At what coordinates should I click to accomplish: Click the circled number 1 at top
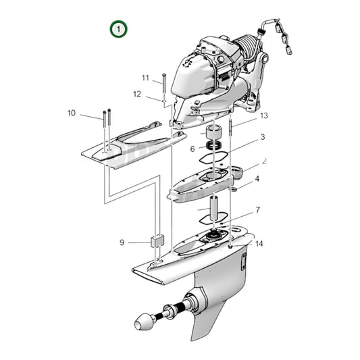119,29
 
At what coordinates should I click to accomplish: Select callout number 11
145,78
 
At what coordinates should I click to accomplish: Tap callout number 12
136,94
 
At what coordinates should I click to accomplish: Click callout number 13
264,115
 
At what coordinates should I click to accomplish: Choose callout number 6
192,149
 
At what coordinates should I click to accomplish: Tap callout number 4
257,180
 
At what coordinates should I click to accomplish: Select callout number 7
257,211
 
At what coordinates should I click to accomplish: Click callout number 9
122,242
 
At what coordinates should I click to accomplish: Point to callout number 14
259,244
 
